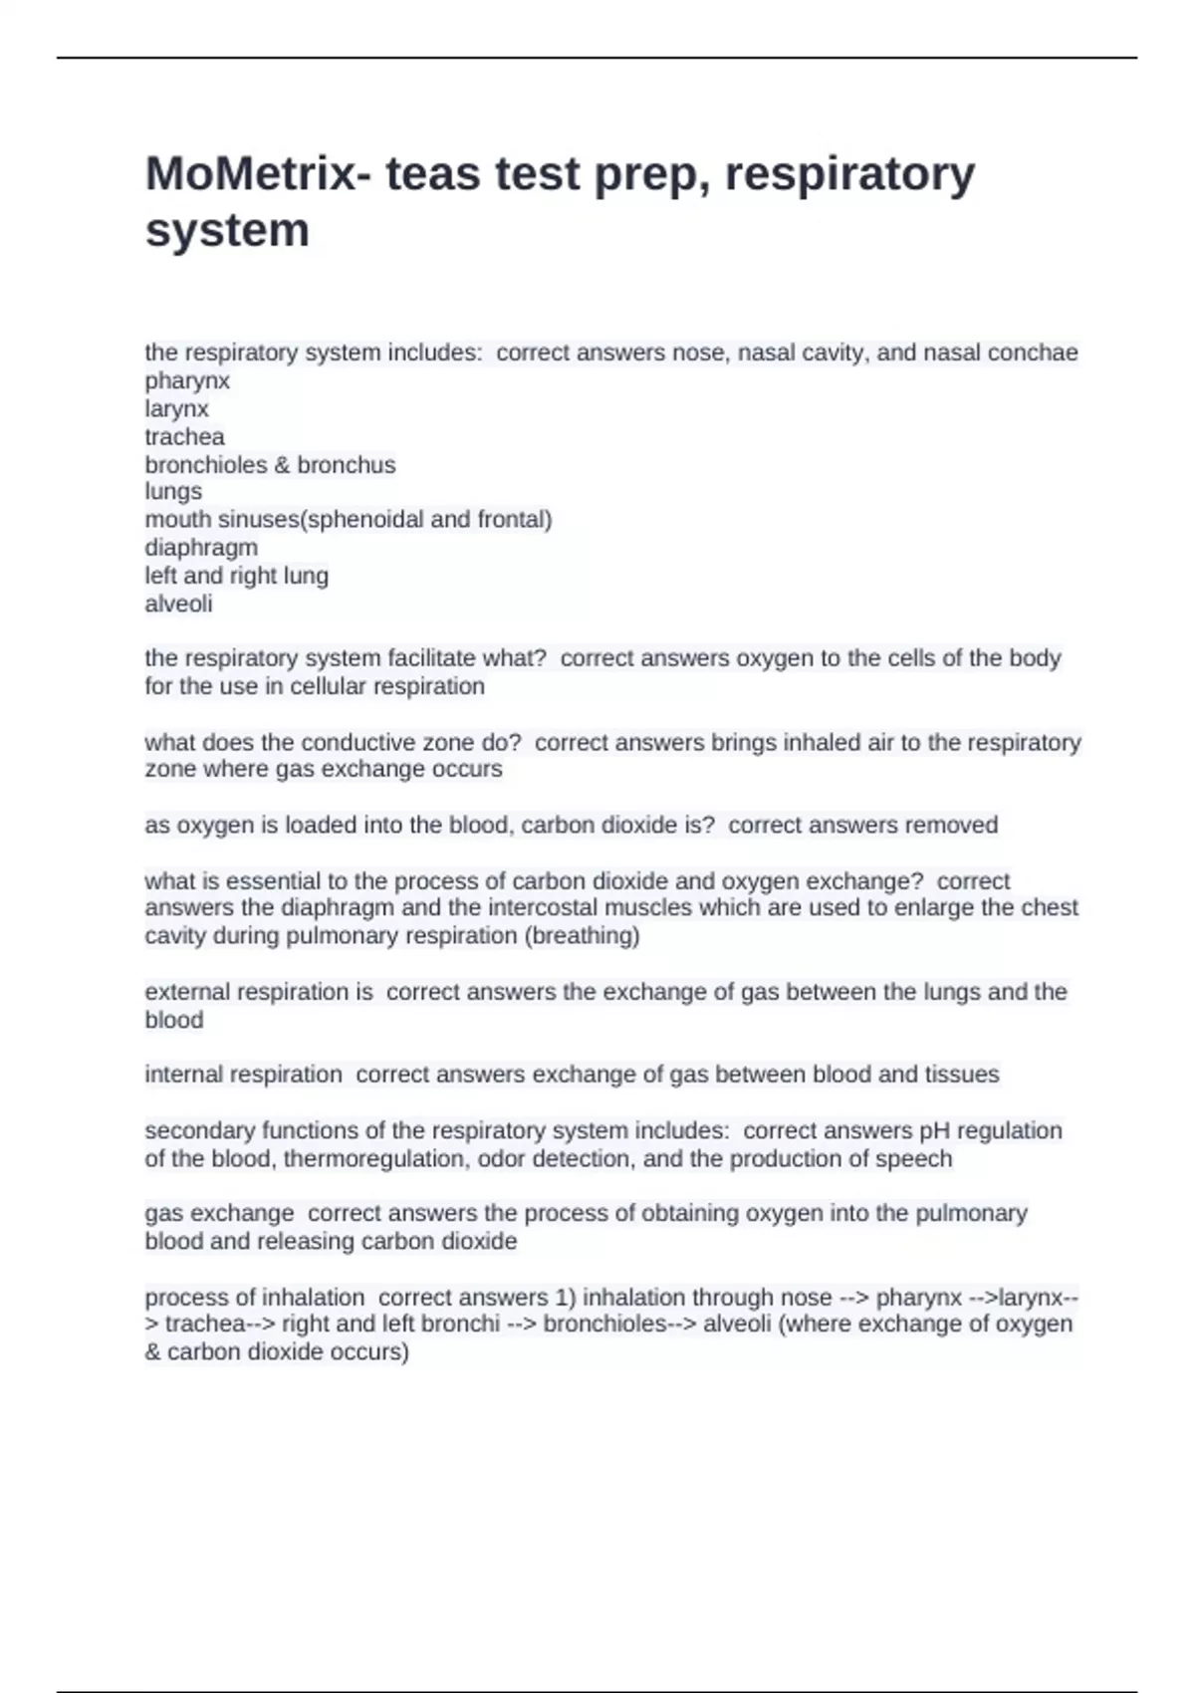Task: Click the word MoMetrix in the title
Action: tap(250, 174)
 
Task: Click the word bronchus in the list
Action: tap(347, 465)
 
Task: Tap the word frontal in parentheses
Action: tap(514, 520)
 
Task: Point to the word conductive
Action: tap(361, 743)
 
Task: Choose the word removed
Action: tap(950, 826)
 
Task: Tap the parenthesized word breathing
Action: tap(584, 936)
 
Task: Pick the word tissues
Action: tap(961, 1075)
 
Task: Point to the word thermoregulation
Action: tap(377, 1159)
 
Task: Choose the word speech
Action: tap(916, 1159)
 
